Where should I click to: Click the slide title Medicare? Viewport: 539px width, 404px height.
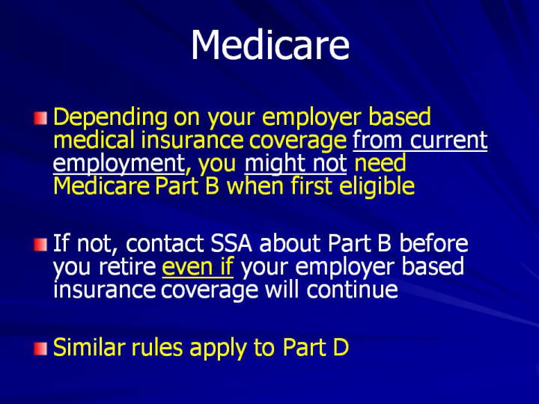[x=270, y=45]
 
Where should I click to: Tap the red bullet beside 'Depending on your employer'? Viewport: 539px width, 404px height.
[x=40, y=118]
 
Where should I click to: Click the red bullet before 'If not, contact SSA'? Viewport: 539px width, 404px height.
[x=40, y=245]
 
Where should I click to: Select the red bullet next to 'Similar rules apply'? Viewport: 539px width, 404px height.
[x=40, y=349]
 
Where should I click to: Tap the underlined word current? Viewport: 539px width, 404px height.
[x=449, y=140]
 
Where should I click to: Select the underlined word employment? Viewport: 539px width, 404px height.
[x=119, y=164]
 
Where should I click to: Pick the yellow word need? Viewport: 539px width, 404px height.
[x=380, y=163]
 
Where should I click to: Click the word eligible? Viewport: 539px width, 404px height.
[x=377, y=186]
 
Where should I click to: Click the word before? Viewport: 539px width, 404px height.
[x=433, y=243]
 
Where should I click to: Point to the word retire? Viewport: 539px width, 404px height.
[x=127, y=267]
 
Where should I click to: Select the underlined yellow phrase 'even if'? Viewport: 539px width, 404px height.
[x=198, y=266]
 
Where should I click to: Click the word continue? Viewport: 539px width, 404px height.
[x=352, y=290]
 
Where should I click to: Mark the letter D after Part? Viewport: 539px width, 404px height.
[x=341, y=347]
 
